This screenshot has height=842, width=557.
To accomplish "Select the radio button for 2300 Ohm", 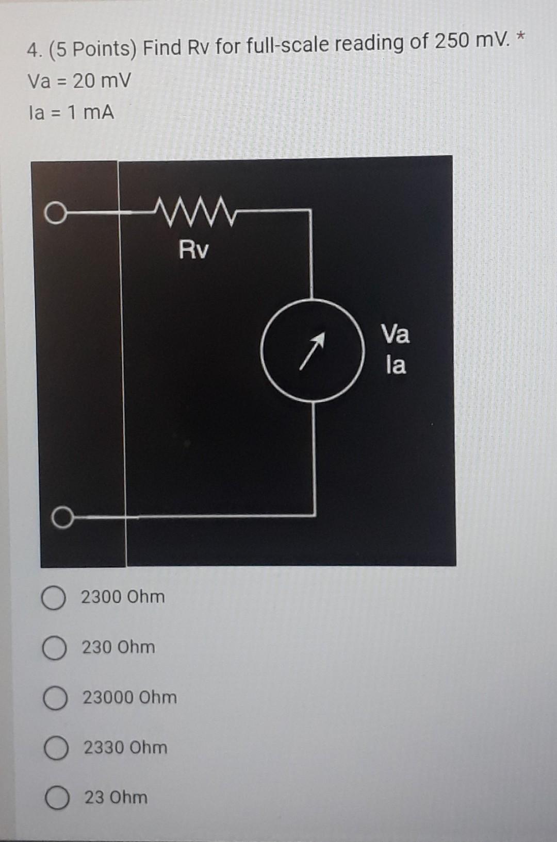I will pos(53,599).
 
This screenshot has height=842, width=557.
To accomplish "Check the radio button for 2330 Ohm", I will pos(56,749).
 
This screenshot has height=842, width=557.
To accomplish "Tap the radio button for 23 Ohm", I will pos(57,799).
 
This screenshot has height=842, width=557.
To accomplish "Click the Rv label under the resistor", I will pos(194,250).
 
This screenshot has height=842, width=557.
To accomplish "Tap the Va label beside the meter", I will pos(396,334).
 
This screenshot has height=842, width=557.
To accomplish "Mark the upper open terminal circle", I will pos(55,213).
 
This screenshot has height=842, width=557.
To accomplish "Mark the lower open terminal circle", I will pos(62,517).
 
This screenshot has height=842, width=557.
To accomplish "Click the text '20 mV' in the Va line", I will pos(102,81).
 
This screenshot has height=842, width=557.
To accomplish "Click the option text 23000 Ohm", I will pos(130,698).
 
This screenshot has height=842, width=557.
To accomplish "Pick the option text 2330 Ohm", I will pos(126,747).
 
